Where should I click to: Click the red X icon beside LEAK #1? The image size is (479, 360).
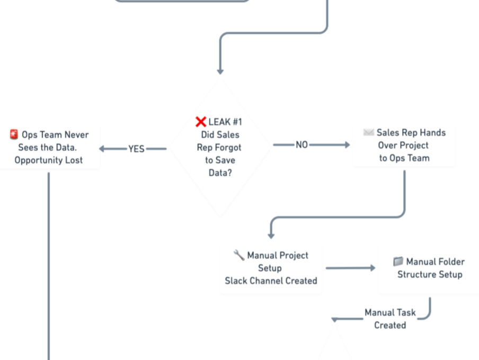click(x=200, y=122)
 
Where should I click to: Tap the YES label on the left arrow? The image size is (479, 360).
click(x=136, y=149)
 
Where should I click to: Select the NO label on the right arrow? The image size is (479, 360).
click(x=301, y=145)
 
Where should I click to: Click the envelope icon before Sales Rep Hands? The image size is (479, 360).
click(x=368, y=132)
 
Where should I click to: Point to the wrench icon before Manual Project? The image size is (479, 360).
click(x=239, y=255)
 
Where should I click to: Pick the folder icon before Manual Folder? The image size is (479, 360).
click(x=398, y=262)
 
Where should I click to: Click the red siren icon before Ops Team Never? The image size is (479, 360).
click(x=14, y=134)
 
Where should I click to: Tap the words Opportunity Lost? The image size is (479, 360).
click(x=49, y=160)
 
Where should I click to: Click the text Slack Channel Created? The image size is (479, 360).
click(x=271, y=281)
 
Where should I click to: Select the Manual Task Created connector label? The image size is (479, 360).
click(x=391, y=319)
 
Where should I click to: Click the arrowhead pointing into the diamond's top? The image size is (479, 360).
click(x=220, y=71)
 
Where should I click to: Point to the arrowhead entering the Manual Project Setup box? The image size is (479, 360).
click(x=271, y=236)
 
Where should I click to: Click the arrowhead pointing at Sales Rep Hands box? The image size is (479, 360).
click(x=347, y=145)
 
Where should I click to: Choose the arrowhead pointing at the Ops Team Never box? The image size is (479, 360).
click(x=103, y=149)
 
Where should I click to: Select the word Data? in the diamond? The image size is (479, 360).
click(x=220, y=173)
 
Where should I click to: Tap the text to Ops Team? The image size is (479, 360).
click(x=404, y=158)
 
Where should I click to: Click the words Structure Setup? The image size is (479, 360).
click(x=430, y=274)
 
